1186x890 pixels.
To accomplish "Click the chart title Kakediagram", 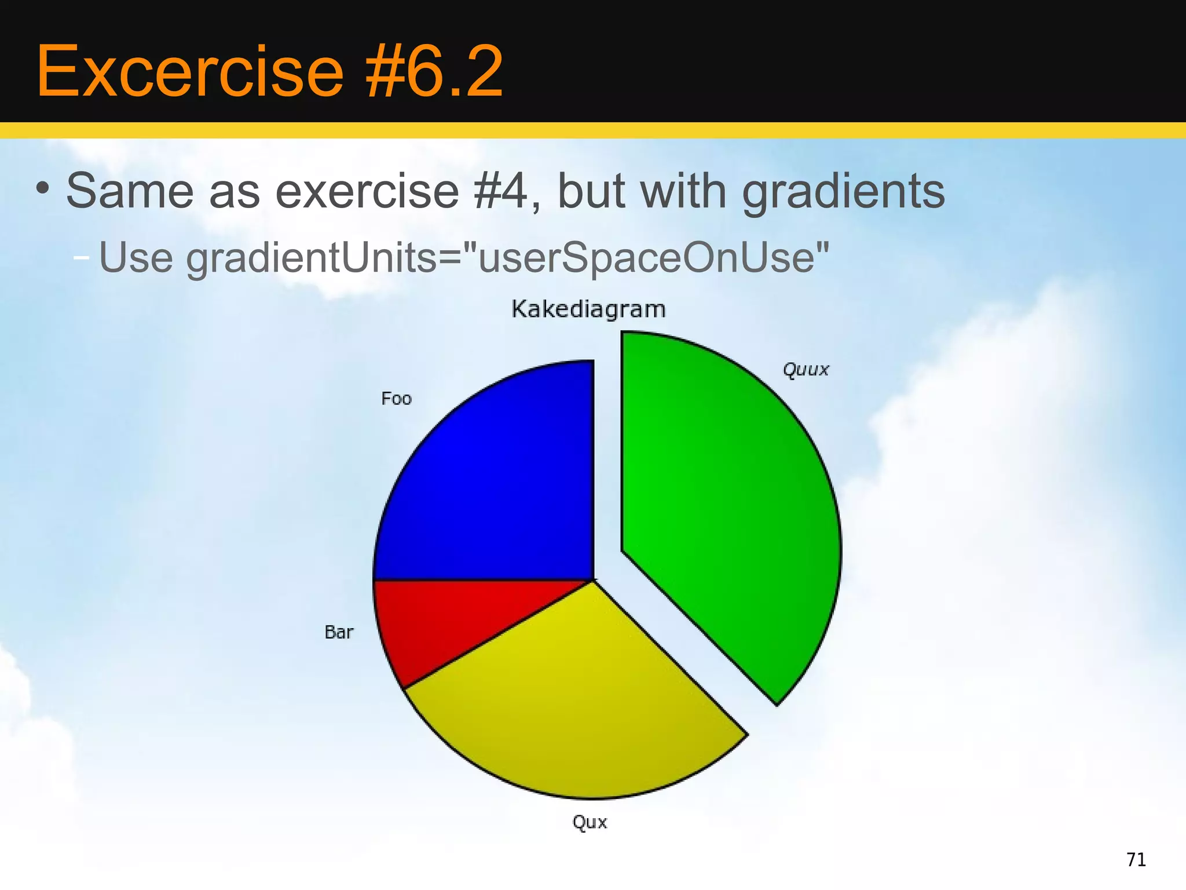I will click(x=588, y=309).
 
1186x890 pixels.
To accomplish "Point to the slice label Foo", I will click(x=396, y=399).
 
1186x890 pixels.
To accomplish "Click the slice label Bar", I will click(x=339, y=632).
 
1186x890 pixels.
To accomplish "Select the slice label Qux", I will click(x=590, y=822).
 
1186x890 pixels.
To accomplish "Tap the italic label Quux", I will click(x=806, y=370).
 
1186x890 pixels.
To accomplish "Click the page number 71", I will click(x=1136, y=859).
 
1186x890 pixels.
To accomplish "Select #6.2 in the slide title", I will click(x=434, y=72).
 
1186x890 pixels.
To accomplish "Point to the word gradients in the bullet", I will click(x=843, y=192).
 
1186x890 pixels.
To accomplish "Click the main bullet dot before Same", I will click(x=42, y=188).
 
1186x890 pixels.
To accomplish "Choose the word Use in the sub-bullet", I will click(x=136, y=257).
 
